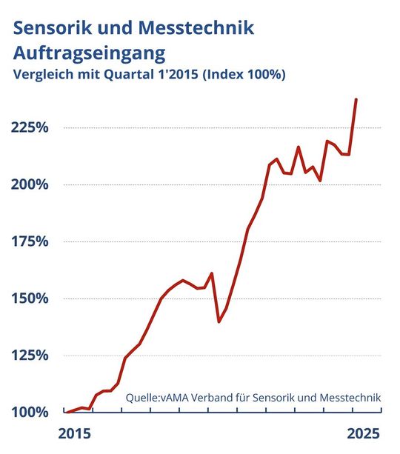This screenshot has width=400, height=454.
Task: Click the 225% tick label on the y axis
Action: [x=30, y=127]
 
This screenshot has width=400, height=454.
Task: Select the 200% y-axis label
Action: [x=30, y=184]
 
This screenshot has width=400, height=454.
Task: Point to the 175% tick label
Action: [x=30, y=241]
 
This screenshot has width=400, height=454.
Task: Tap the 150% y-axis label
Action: [x=30, y=298]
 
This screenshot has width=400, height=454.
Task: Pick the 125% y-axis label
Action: [x=30, y=355]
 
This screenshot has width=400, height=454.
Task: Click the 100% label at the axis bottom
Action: [x=30, y=412]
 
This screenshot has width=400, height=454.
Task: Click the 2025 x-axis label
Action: [x=363, y=433]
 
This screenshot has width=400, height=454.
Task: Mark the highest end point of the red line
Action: [x=356, y=99]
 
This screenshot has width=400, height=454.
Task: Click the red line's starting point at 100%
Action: [x=67, y=412]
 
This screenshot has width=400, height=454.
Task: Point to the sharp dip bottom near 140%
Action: [x=219, y=321]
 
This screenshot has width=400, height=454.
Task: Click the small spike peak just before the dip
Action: [x=212, y=273]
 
